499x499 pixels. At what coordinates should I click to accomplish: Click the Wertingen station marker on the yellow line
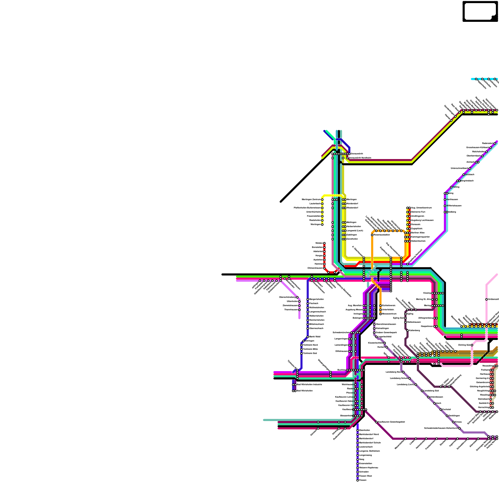coord(322,225)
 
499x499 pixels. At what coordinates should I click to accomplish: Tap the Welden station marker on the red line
coord(324,243)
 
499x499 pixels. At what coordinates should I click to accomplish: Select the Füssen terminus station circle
coord(357,480)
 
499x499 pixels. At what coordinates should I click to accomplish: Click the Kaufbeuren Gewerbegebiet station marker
coord(376,422)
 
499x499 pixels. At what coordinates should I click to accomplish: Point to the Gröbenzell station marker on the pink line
coord(487,299)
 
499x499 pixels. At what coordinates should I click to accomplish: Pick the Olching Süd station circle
coord(472,345)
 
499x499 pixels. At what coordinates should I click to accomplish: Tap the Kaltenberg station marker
coord(407,330)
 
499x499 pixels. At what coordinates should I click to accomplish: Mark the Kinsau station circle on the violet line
coord(453,422)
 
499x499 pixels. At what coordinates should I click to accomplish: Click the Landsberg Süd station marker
coord(422,391)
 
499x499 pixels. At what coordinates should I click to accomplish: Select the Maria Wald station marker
coord(308,337)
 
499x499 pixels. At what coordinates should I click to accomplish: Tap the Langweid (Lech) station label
coord(355,231)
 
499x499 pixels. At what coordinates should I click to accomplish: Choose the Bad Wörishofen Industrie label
coord(309,385)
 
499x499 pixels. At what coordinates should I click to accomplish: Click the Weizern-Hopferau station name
coord(369,468)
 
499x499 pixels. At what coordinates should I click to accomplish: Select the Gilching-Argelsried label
coord(479,387)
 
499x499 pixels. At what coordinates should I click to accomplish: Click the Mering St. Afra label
coord(424,299)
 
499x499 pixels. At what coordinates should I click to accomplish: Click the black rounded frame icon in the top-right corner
coord(480,12)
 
